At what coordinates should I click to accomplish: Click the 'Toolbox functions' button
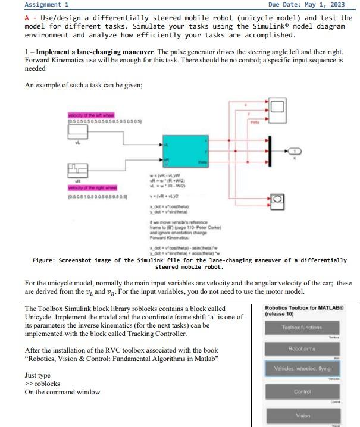[302, 328]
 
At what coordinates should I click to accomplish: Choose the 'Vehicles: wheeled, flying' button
[302, 369]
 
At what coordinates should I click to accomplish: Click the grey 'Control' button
[302, 392]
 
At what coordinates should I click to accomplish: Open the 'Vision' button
[302, 416]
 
